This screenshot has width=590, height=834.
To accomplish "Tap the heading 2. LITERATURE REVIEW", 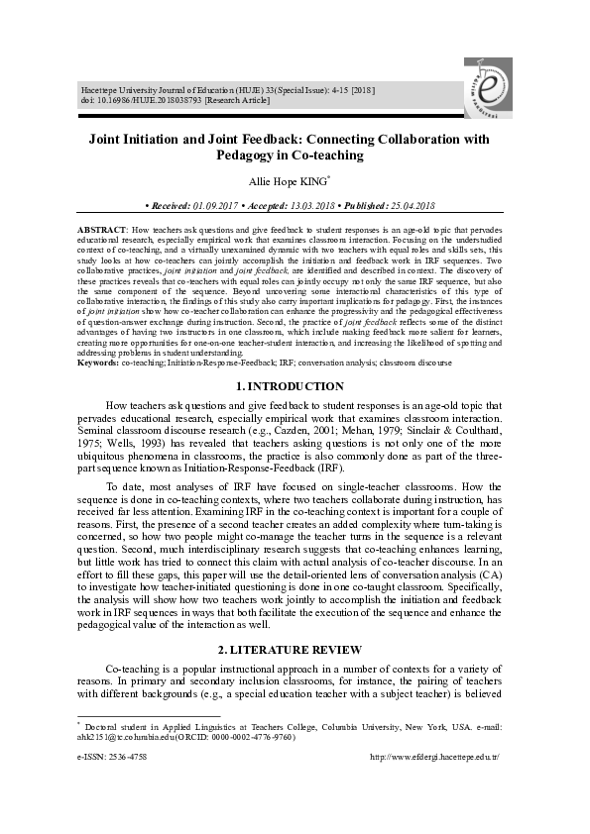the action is coord(295,649).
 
